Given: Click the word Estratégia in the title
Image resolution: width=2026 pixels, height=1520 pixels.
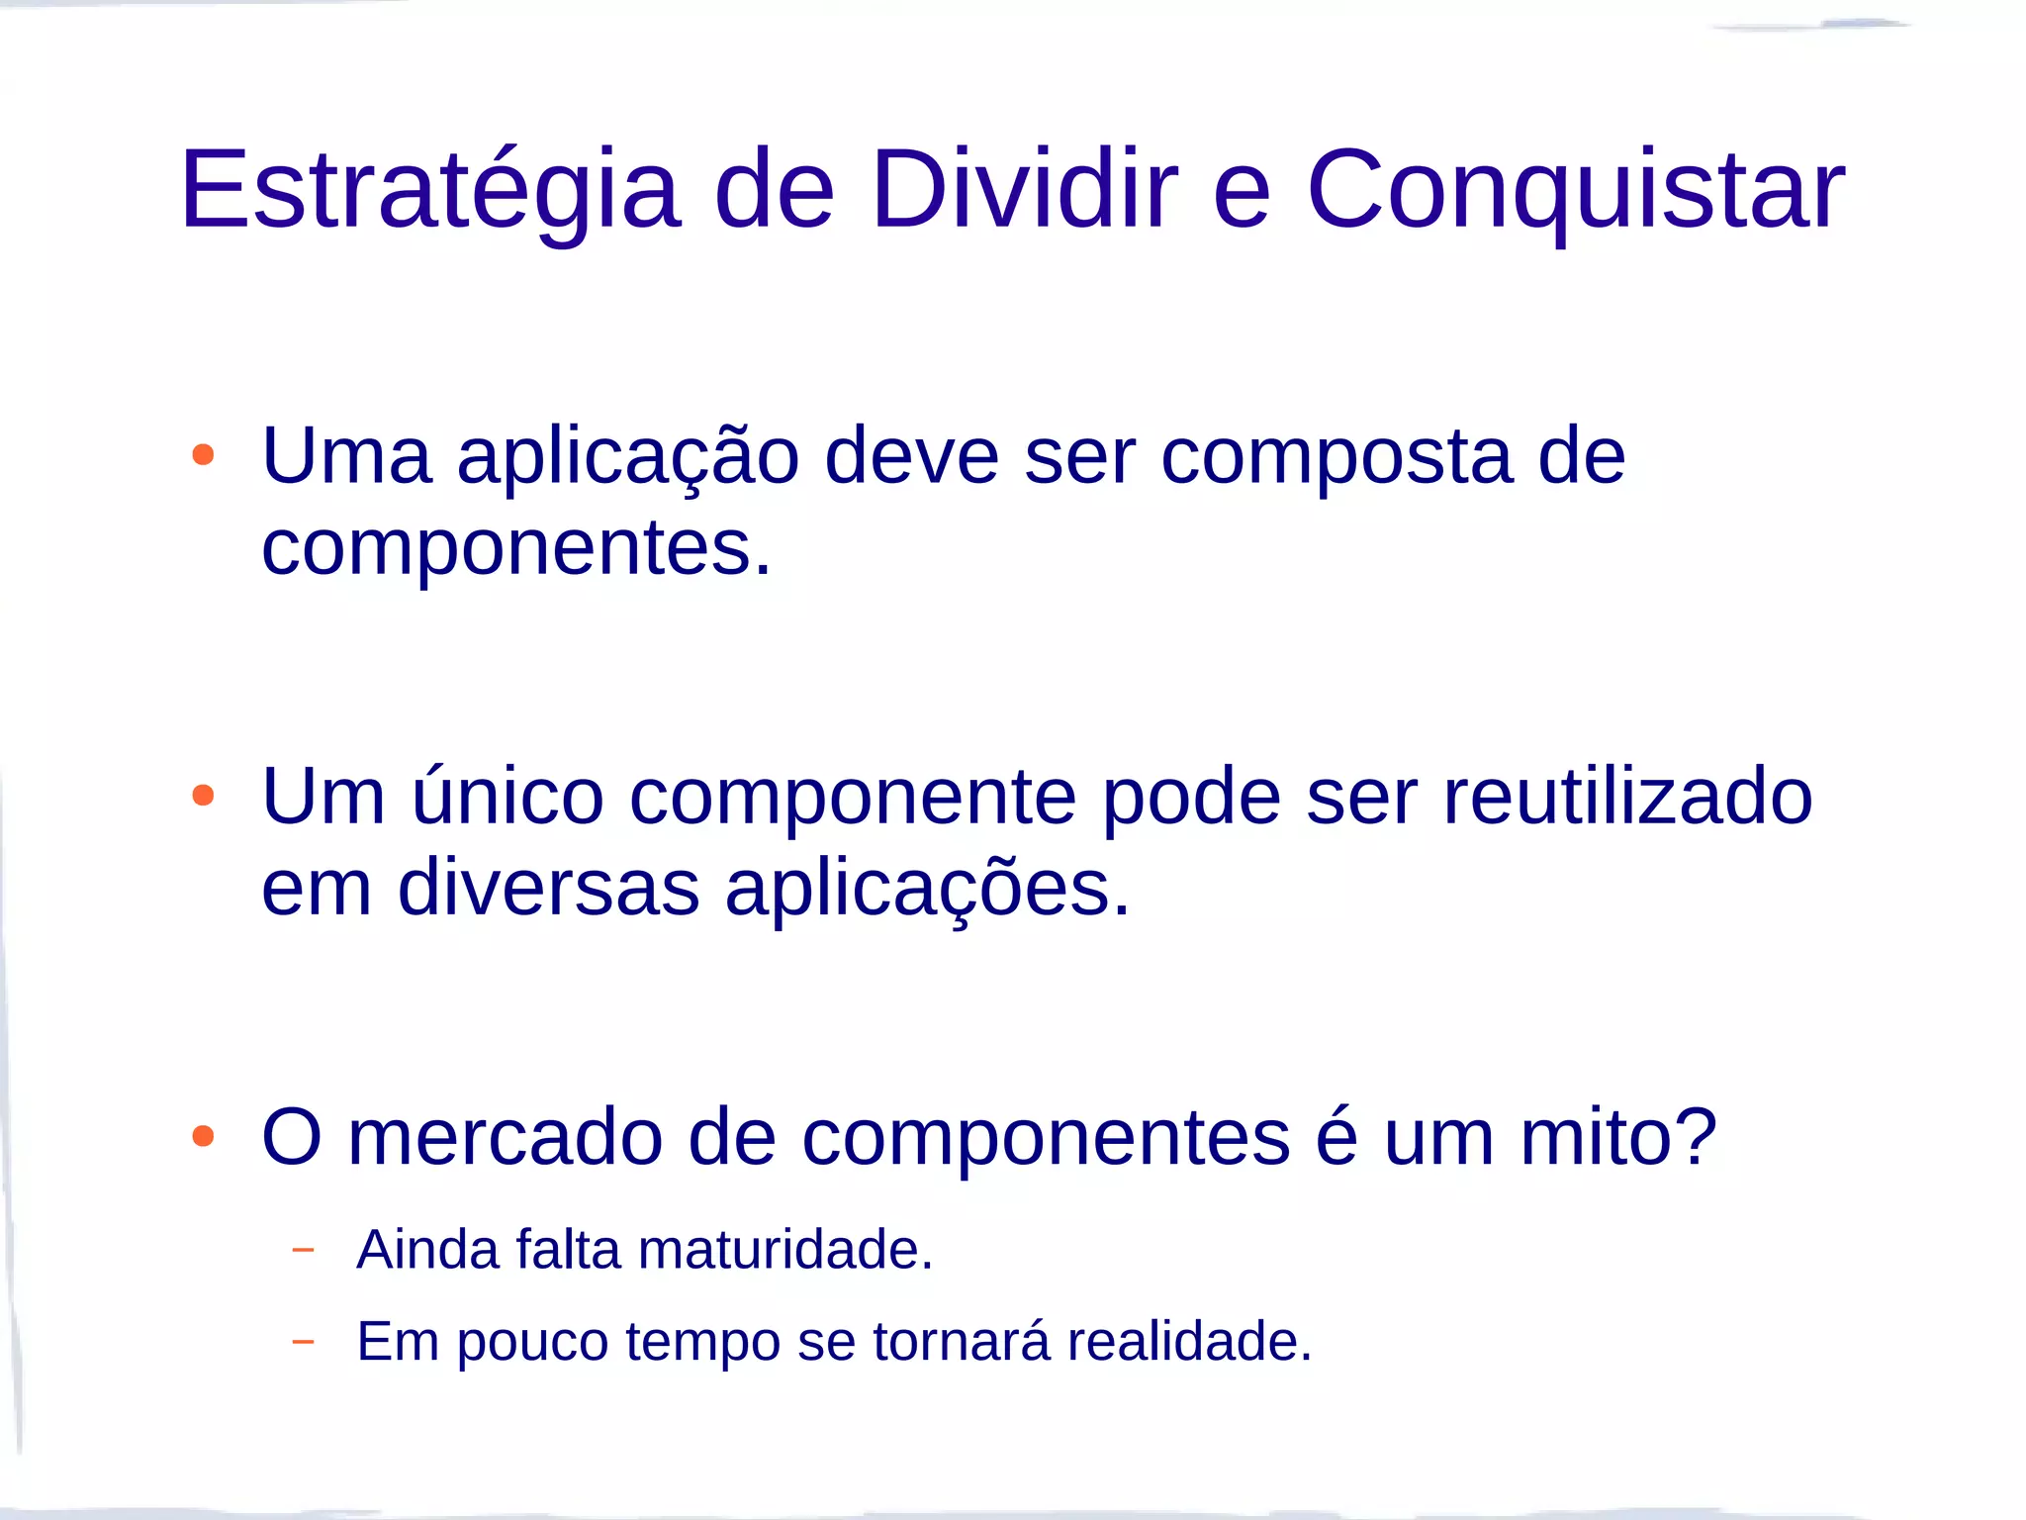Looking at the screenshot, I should point(430,190).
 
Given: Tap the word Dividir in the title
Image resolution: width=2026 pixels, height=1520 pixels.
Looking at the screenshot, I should point(1024,190).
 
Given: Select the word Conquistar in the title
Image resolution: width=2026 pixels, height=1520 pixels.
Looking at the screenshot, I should point(1575,190).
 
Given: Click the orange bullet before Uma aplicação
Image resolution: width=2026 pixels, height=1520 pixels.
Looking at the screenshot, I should point(203,455).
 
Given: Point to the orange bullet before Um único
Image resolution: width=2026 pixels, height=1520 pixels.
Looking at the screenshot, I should point(203,796).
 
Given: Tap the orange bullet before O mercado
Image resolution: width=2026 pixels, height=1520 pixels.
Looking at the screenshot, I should point(203,1136).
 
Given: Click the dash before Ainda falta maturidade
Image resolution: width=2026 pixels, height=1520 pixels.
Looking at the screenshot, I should point(304,1250).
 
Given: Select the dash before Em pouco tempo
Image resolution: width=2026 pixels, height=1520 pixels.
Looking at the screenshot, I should point(304,1342).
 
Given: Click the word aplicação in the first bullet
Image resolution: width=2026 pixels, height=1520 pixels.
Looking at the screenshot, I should point(628,457).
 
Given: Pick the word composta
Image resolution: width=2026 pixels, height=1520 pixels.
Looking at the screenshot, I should point(1336,457).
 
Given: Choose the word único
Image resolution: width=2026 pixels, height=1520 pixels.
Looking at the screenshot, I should point(507,798).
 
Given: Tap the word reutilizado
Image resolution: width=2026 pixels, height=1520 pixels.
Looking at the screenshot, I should point(1627,798).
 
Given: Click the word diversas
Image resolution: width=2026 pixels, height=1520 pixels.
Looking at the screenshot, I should point(548,889).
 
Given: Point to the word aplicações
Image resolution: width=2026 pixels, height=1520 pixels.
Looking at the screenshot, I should point(927,889).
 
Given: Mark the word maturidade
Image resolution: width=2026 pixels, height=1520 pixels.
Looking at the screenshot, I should point(785,1250).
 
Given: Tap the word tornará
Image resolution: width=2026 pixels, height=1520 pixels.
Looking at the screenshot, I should point(961,1342).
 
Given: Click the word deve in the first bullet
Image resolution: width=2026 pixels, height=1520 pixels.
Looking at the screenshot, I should point(911,457).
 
